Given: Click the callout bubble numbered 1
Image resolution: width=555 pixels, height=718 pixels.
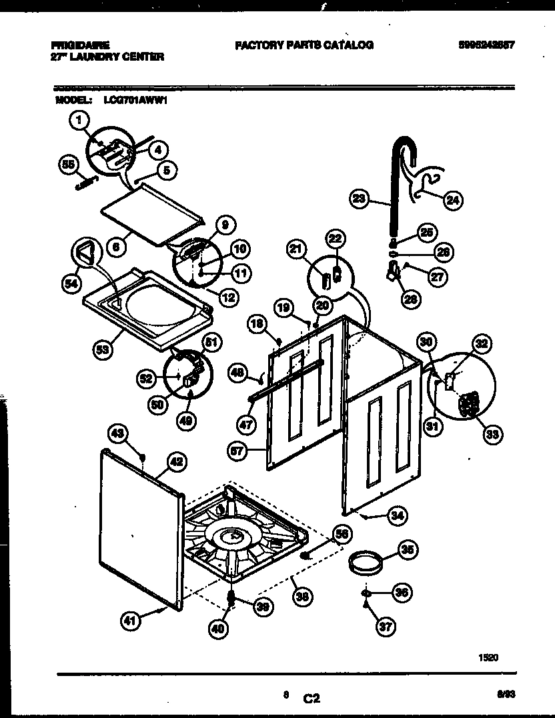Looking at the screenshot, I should (x=79, y=121).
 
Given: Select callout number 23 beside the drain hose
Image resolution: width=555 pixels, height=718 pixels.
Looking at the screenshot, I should (x=360, y=198).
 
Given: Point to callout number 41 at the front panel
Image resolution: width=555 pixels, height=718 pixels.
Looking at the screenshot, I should (x=131, y=621).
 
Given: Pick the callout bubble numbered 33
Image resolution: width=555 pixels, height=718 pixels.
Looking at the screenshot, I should (x=493, y=435).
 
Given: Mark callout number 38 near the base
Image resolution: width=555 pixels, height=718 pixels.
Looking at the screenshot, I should (x=303, y=597).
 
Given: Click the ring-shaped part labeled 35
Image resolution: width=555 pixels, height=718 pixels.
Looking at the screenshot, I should (x=364, y=563).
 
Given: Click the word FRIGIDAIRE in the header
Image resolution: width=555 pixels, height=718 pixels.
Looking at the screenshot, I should (x=80, y=45).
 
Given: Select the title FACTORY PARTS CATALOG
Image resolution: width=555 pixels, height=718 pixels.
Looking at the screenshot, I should (x=304, y=45).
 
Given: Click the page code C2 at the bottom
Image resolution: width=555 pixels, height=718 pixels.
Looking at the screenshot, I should (x=311, y=699).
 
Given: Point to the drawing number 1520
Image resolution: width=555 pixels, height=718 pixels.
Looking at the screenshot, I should (x=488, y=657).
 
